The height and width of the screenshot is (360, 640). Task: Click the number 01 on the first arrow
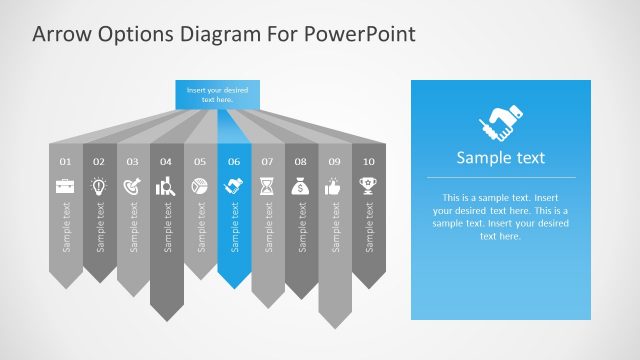click(x=66, y=161)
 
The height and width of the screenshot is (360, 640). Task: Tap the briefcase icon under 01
click(x=66, y=186)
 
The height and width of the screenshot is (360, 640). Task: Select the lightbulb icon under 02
click(x=99, y=186)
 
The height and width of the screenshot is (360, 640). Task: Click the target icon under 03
click(x=133, y=186)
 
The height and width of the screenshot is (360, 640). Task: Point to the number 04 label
click(x=166, y=161)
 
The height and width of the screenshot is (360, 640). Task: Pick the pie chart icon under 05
click(x=200, y=186)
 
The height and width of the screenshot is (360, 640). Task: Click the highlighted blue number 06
click(x=234, y=161)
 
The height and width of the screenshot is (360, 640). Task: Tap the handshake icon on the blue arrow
click(x=234, y=186)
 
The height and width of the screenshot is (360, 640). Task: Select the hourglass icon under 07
click(x=267, y=186)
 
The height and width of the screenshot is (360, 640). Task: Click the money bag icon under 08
click(x=301, y=186)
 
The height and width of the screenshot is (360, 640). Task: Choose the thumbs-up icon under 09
click(x=335, y=186)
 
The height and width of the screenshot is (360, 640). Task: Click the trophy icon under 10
click(x=369, y=186)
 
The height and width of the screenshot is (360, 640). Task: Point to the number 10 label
click(x=369, y=161)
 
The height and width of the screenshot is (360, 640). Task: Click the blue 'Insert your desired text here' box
click(x=217, y=95)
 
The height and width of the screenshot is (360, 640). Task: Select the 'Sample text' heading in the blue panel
click(x=500, y=157)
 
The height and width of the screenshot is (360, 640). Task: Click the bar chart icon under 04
click(x=166, y=186)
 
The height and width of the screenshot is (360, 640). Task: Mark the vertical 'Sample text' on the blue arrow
click(x=234, y=227)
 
